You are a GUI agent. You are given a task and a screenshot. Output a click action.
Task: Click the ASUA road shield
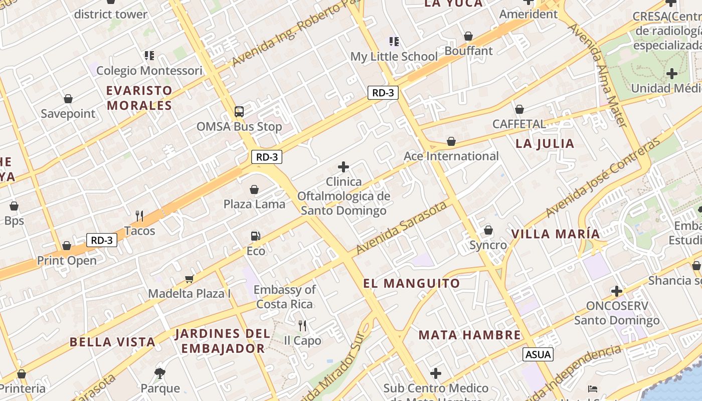pyautogui.click(x=539, y=354)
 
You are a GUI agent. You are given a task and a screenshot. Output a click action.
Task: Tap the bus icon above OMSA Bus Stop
pyautogui.click(x=239, y=111)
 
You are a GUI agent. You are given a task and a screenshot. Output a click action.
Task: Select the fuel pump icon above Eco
pyautogui.click(x=255, y=236)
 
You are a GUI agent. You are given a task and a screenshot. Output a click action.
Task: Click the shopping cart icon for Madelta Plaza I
pyautogui.click(x=189, y=279)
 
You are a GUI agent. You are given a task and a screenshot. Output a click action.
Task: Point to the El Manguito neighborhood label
pyautogui.click(x=412, y=284)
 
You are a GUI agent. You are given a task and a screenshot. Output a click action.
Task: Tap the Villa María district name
pyautogui.click(x=555, y=234)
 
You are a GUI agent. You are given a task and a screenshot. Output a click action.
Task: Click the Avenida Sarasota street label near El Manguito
pyautogui.click(x=401, y=227)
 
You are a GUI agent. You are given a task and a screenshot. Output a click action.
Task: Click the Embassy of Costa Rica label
pyautogui.click(x=284, y=297)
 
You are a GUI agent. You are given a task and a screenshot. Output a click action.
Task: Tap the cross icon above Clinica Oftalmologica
pyautogui.click(x=343, y=166)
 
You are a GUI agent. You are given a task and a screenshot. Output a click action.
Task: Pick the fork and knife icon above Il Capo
pyautogui.click(x=302, y=326)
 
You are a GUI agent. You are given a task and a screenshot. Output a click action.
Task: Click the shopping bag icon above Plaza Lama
pyautogui.click(x=254, y=189)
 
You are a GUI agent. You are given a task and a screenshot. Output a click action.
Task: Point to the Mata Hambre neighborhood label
pyautogui.click(x=470, y=335)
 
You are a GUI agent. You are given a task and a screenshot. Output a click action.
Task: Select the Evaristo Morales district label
pyautogui.click(x=139, y=98)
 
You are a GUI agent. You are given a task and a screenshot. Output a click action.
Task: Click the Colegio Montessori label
pyautogui.click(x=149, y=71)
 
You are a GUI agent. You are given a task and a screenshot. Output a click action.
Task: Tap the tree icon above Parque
pyautogui.click(x=160, y=373)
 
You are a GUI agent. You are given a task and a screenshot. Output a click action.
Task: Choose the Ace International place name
pyautogui.click(x=451, y=156)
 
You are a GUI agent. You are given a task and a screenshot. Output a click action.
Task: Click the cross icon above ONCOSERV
pyautogui.click(x=617, y=291)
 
